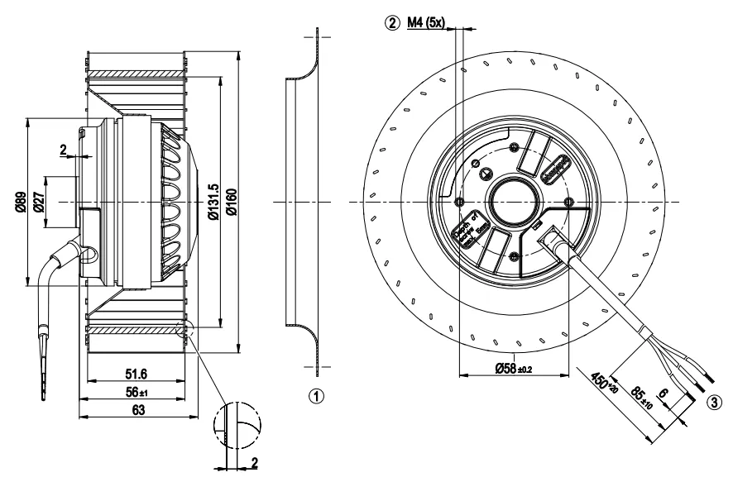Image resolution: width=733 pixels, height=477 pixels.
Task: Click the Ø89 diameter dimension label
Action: pyautogui.click(x=20, y=202)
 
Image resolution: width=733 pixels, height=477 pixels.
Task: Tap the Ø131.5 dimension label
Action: pyautogui.click(x=213, y=202)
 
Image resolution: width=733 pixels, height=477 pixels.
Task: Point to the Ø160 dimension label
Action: pyautogui.click(x=232, y=202)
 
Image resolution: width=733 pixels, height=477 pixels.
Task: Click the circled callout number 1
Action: pyautogui.click(x=315, y=395)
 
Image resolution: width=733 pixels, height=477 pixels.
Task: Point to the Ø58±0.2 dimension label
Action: pyautogui.click(x=513, y=368)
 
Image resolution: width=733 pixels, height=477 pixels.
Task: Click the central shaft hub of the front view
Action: pyautogui.click(x=513, y=202)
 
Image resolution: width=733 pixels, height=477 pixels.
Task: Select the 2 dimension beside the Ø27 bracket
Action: pyautogui.click(x=64, y=150)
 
